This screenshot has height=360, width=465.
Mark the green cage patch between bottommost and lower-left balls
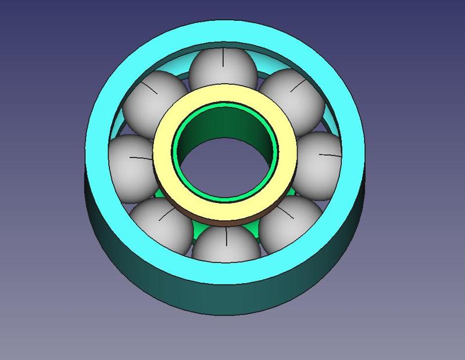click(x=198, y=233)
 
